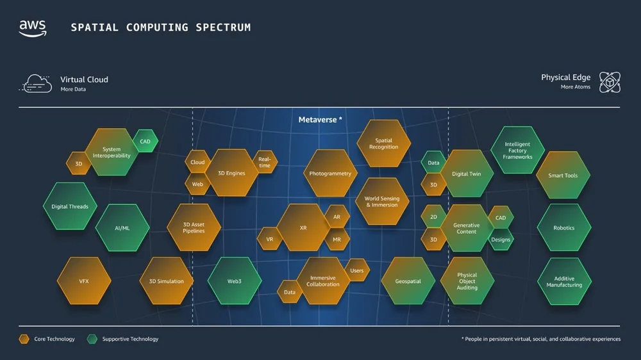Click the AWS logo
pos(32,28)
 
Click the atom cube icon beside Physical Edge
pos(610,82)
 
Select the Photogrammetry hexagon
pos(330,174)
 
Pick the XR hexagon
pos(303,227)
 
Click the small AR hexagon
pos(337,217)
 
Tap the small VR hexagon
pos(269,239)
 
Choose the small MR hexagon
pos(337,240)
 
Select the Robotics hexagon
pos(563,227)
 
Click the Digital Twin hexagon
pos(466,174)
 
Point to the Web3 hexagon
pos(234,281)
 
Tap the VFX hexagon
pos(84,281)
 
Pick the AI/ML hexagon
pos(122,228)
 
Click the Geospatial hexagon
pos(408,281)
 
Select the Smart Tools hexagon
pos(563,175)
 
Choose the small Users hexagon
pos(357,270)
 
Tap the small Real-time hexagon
pos(265,162)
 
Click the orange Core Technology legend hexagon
pos(24,339)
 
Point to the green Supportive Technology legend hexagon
pos(92,339)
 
